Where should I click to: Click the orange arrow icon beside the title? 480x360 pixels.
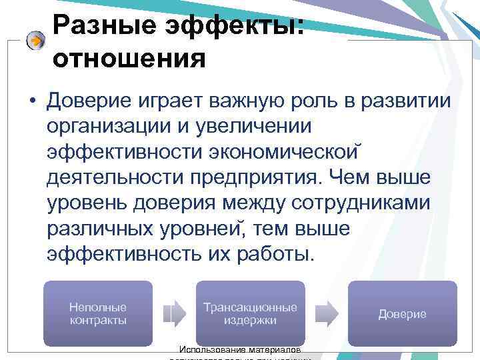pos(35,41)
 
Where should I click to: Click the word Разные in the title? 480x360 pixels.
pos(98,27)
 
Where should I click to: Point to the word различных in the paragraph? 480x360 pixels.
pos(101,228)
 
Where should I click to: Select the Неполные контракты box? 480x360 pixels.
pos(98,313)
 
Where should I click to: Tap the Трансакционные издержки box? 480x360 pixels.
pos(250,313)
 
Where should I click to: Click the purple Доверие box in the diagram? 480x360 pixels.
pos(402,313)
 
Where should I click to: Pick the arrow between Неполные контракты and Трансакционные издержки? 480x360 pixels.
pos(173,313)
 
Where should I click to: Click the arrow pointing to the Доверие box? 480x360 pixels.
pos(326,313)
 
